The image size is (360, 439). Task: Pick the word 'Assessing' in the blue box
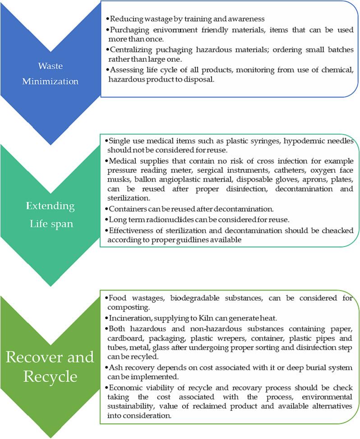125,70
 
